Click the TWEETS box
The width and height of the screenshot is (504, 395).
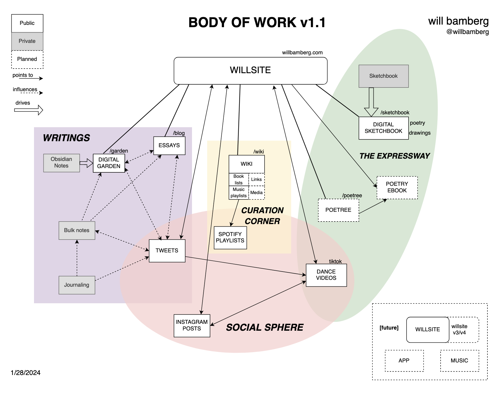point(167,251)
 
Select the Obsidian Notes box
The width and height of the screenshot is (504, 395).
point(61,163)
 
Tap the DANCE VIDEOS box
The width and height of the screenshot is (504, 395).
point(326,275)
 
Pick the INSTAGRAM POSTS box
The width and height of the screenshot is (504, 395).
point(192,326)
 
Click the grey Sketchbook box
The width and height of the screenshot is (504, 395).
point(383,76)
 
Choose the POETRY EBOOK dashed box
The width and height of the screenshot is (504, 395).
point(397,187)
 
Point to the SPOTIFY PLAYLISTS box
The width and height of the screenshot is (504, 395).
point(230,238)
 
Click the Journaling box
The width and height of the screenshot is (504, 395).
point(77,285)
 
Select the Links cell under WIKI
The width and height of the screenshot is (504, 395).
point(256,179)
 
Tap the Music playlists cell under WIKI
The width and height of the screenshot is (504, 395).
point(239,193)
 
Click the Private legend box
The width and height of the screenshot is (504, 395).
point(27,41)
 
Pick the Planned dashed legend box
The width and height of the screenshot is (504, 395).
point(27,59)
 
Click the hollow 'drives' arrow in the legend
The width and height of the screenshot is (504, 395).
point(29,110)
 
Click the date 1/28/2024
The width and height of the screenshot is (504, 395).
point(25,373)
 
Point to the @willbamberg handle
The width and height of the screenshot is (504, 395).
point(467,32)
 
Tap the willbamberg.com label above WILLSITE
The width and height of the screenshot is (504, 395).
point(302,53)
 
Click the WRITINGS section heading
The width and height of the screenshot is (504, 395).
point(66,138)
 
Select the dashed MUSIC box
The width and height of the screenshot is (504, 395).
point(459,361)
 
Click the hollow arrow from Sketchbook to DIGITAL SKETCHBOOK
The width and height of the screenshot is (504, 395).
point(371,102)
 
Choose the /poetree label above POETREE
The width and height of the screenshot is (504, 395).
point(352,195)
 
